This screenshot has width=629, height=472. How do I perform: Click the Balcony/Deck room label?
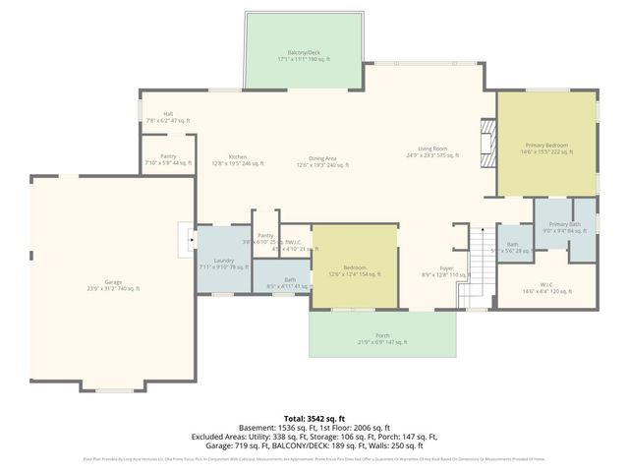pyautogui.click(x=303, y=56)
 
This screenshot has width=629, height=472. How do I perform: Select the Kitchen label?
pyautogui.click(x=238, y=160)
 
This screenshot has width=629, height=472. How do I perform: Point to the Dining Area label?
pyautogui.click(x=323, y=160)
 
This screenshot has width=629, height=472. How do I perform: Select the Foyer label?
pyautogui.click(x=446, y=271)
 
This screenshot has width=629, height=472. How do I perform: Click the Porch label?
pyautogui.click(x=382, y=338)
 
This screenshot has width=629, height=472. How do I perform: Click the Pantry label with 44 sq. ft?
pyautogui.click(x=168, y=158)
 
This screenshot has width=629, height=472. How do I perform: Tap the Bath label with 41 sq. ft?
pyautogui.click(x=289, y=283)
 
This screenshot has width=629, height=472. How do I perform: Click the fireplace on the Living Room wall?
pyautogui.click(x=486, y=144)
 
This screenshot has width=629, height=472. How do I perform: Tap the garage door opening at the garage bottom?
pyautogui.click(x=113, y=389)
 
